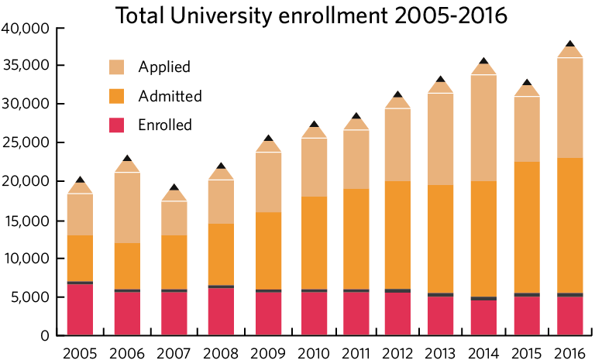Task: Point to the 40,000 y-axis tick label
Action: point(25,29)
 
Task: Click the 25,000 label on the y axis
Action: point(25,142)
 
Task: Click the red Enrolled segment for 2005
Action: point(80,310)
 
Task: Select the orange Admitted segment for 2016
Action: point(571,225)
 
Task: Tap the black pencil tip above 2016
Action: point(571,44)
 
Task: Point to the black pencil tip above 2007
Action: point(174,187)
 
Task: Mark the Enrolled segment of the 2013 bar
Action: point(441,316)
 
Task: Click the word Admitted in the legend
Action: point(170,97)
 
